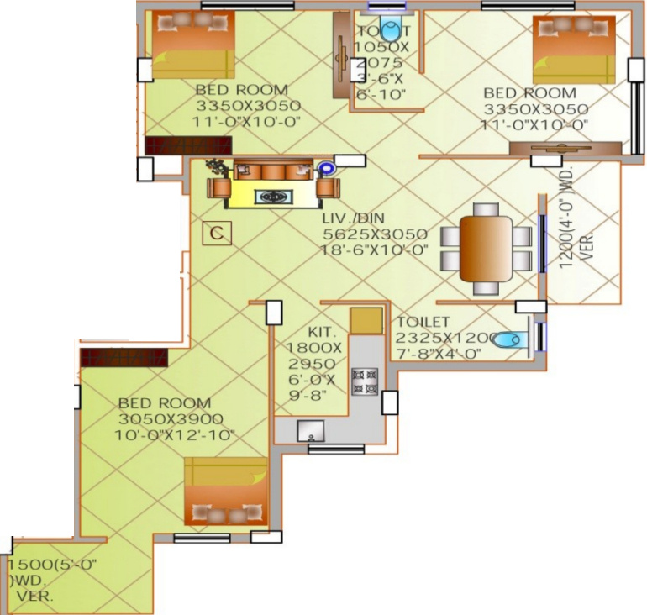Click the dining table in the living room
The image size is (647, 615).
486,249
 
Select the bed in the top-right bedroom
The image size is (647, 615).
574,49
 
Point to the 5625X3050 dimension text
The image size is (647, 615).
375,234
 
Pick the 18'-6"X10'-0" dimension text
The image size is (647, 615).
375,250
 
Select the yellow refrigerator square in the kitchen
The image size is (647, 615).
366,320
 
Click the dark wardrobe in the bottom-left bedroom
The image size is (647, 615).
124,356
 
